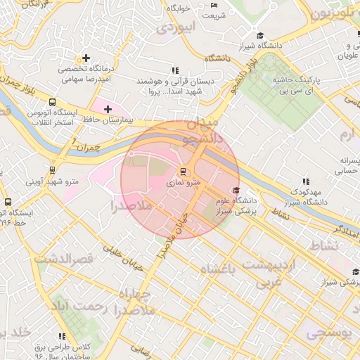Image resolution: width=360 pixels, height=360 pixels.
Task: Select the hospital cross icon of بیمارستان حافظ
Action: (x=107, y=109)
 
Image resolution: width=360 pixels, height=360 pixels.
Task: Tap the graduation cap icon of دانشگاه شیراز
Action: (x=259, y=35)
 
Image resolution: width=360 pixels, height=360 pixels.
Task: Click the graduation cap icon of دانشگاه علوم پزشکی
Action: (x=236, y=191)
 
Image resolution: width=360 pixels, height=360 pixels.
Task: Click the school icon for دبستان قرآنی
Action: (x=174, y=70)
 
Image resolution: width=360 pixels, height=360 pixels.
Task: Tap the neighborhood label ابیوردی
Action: (x=174, y=29)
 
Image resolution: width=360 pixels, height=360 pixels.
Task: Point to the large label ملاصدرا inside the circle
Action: (x=131, y=207)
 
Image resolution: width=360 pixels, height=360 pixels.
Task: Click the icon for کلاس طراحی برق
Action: (x=63, y=336)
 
